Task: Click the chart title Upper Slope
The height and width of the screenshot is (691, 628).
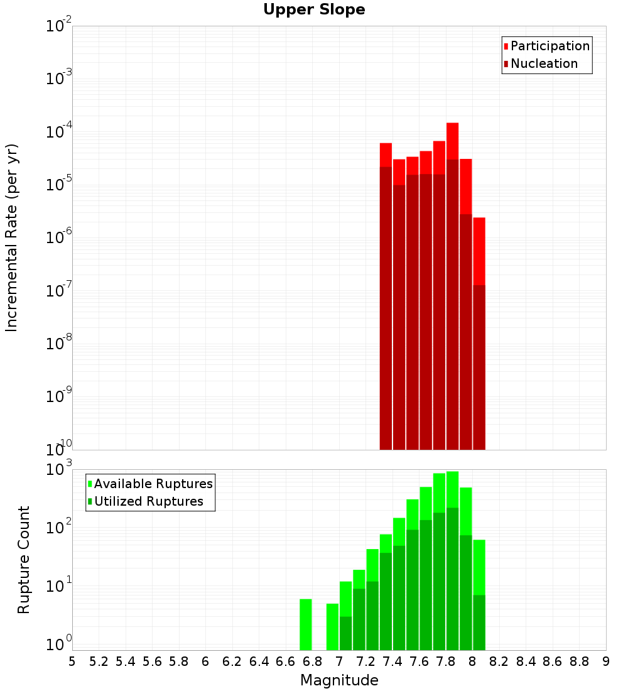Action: click(x=314, y=9)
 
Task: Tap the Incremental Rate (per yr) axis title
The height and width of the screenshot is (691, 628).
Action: click(x=11, y=237)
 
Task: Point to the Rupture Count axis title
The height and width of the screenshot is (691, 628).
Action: click(x=24, y=559)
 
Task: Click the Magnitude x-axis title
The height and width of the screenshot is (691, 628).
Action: click(x=339, y=680)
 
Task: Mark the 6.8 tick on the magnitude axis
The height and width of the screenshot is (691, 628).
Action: click(x=312, y=661)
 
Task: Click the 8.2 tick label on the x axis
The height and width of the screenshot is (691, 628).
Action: click(x=499, y=661)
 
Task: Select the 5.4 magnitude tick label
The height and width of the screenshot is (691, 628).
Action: click(x=125, y=661)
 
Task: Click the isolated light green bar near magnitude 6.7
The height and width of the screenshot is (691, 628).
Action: click(x=306, y=625)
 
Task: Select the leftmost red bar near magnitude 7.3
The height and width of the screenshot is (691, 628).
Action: click(x=386, y=155)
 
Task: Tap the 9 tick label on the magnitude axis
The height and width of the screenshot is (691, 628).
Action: click(x=606, y=661)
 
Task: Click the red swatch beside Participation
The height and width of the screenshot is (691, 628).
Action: click(x=506, y=46)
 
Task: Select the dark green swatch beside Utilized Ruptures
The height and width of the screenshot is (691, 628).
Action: click(x=90, y=501)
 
